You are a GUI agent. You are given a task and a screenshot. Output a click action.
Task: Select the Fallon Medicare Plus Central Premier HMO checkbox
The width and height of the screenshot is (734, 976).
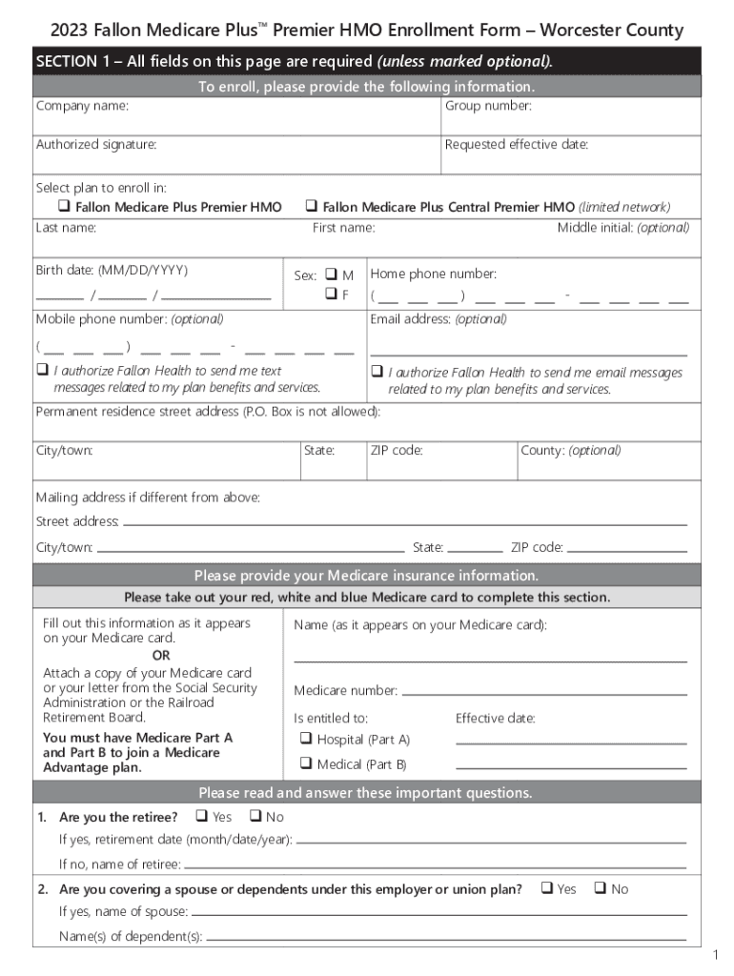coord(312,206)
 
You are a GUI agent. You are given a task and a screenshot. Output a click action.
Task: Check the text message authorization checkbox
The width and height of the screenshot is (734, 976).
coord(42,370)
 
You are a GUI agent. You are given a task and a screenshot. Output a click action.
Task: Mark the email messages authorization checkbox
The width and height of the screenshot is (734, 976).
coord(377,372)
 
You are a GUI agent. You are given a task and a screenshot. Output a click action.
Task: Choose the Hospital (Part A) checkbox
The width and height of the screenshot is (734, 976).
coord(306,738)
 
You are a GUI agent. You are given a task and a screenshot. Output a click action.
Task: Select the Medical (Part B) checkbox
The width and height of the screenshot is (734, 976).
coord(306,762)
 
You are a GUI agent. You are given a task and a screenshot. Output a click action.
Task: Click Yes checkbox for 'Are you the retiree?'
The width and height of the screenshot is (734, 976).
coord(201,816)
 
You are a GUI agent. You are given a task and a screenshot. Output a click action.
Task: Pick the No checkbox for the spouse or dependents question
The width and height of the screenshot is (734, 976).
coord(600,888)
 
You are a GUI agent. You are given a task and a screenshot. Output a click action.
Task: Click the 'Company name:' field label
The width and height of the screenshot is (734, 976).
coord(82,106)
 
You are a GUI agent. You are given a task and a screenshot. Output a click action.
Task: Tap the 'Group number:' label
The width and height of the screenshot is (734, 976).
coord(488,106)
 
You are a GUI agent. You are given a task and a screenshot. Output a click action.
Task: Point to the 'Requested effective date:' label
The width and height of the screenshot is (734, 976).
coord(517,145)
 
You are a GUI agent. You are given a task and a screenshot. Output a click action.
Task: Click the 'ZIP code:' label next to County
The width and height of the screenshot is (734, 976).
coord(397,450)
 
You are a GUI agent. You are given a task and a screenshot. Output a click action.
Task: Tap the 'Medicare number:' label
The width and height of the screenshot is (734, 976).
coord(345,690)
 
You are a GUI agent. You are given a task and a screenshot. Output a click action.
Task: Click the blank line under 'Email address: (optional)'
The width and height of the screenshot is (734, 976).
coord(528,355)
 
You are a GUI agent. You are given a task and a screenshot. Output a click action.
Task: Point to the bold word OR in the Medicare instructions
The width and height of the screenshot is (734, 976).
coord(161,656)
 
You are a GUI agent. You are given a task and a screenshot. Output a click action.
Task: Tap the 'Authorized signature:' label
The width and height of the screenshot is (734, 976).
coord(96,145)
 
